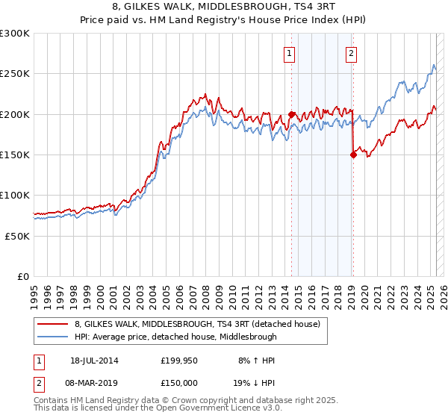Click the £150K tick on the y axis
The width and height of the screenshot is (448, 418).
pyautogui.click(x=15, y=155)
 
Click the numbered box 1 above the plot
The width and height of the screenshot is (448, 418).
pyautogui.click(x=289, y=53)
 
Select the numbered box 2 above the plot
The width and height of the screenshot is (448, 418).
pyautogui.click(x=351, y=53)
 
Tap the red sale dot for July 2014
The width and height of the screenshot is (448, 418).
pyautogui.click(x=291, y=115)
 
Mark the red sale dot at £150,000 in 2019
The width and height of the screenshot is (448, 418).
pyautogui.click(x=352, y=155)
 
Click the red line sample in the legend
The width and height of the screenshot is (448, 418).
pyautogui.click(x=52, y=324)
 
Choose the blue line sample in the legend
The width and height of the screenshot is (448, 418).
pyautogui.click(x=52, y=337)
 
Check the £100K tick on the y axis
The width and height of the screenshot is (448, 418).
pyautogui.click(x=15, y=196)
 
